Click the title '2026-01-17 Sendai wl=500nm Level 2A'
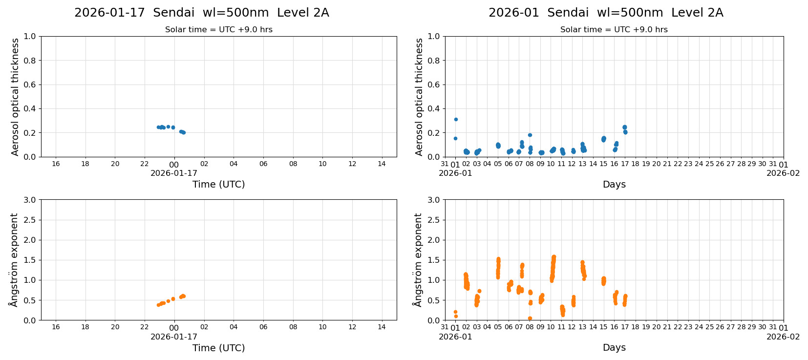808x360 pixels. (x=201, y=13)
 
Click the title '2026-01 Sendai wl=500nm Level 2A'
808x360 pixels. (x=606, y=13)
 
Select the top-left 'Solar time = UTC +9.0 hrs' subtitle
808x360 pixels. (x=218, y=30)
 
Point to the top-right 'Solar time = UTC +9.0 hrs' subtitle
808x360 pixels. (x=614, y=30)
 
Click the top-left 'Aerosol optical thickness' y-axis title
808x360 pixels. (x=15, y=97)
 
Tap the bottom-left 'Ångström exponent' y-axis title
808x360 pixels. (x=14, y=260)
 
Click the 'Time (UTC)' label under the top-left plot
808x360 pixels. (x=218, y=184)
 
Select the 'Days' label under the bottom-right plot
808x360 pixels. (x=614, y=348)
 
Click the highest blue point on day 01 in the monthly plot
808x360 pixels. (x=456, y=119)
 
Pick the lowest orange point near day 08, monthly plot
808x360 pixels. (x=530, y=318)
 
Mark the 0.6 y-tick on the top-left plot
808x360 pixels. (x=30, y=85)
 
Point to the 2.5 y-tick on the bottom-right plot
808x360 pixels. (x=434, y=220)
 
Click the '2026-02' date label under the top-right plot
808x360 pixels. (x=783, y=173)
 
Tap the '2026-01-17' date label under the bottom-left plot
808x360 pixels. (x=173, y=337)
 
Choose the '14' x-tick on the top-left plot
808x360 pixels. (x=382, y=164)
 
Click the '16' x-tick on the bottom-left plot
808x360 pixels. (x=56, y=327)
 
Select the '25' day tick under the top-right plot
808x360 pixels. (x=709, y=164)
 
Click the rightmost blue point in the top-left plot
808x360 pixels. (x=184, y=132)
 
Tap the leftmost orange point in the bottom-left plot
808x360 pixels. (x=158, y=305)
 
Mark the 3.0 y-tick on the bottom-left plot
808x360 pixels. (x=30, y=200)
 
